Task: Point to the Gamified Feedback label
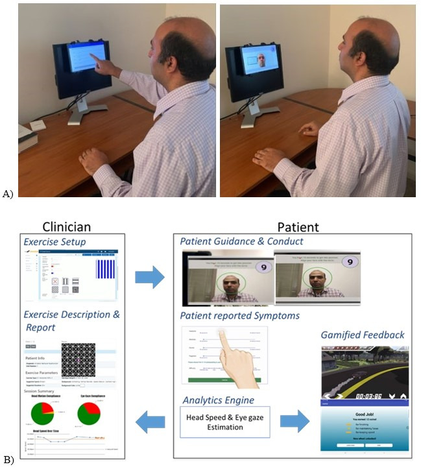[363, 335]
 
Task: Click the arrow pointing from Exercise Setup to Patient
[150, 277]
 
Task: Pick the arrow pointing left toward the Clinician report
[150, 422]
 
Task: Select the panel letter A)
[8, 193]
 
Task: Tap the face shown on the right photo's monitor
[260, 60]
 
